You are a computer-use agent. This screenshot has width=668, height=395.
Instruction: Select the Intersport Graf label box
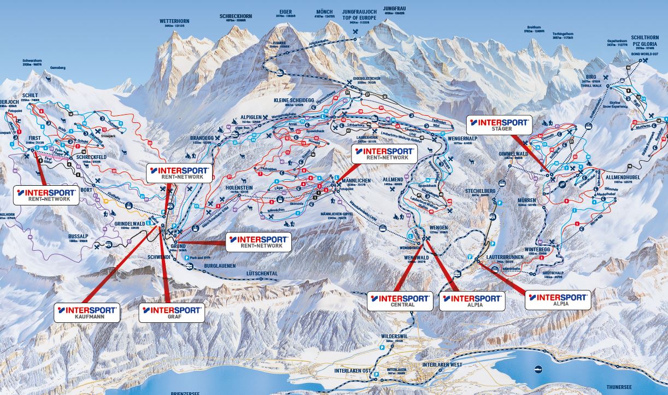[172, 312]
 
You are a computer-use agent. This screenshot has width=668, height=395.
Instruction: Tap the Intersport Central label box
[400, 300]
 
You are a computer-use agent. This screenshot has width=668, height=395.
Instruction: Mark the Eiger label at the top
[285, 11]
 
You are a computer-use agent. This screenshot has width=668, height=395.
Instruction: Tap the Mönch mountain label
[324, 11]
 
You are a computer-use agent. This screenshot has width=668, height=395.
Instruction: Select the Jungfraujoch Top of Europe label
[359, 13]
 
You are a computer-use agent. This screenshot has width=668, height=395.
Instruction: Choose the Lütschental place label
[262, 273]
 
